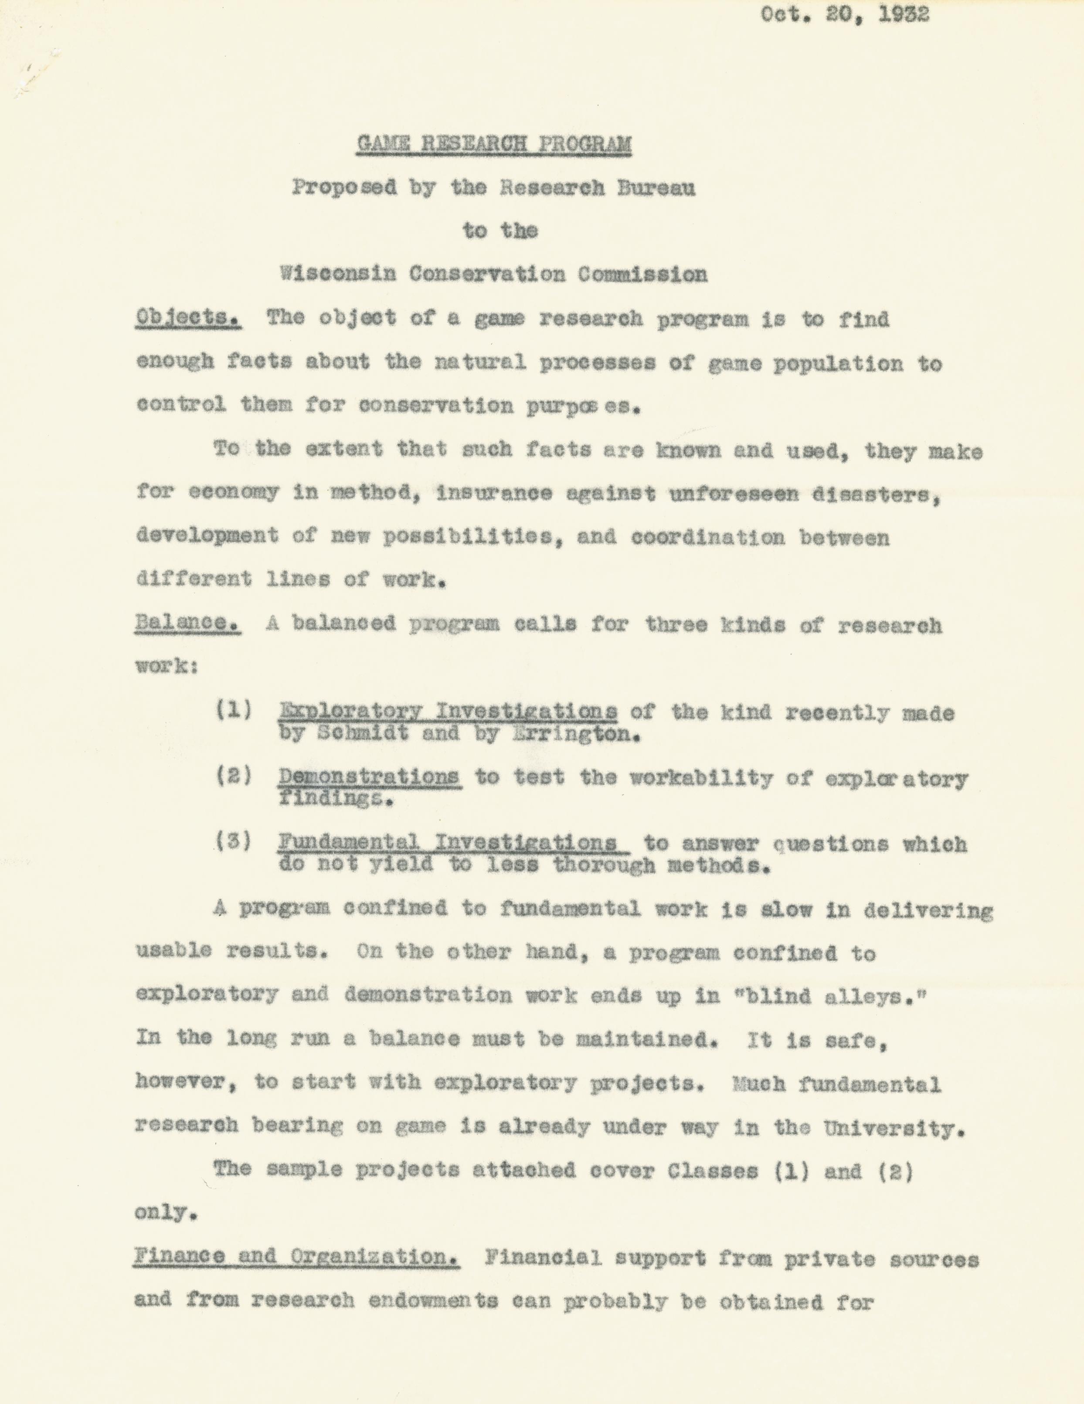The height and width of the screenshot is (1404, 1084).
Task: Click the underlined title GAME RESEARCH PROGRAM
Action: pyautogui.click(x=494, y=144)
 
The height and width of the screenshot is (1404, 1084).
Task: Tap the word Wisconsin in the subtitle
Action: pyautogui.click(x=337, y=275)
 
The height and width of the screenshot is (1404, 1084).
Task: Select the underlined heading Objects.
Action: pyautogui.click(x=188, y=318)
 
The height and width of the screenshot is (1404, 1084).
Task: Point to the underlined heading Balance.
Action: pyautogui.click(x=188, y=624)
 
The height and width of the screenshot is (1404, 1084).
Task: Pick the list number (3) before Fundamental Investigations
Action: pyautogui.click(x=234, y=842)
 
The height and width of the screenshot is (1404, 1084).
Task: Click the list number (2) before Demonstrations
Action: pyautogui.click(x=234, y=777)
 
